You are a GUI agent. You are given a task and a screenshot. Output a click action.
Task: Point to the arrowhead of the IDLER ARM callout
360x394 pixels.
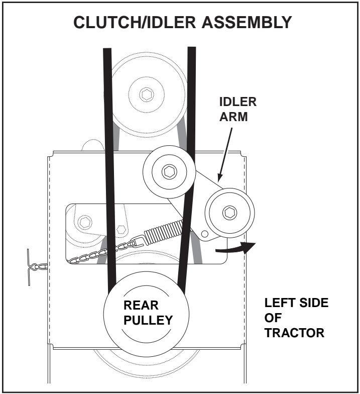218,179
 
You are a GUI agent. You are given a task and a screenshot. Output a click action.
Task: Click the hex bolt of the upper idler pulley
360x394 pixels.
167,172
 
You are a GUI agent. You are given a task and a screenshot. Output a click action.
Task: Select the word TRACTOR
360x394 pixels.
294,333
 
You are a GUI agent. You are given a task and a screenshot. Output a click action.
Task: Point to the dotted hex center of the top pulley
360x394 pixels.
147,94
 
